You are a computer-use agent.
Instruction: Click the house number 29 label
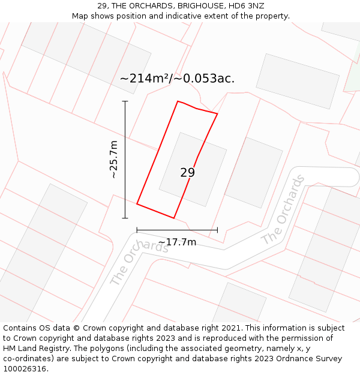[x=187, y=173]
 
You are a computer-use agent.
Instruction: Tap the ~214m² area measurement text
[x=145, y=79]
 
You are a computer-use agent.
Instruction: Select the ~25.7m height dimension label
[x=114, y=159]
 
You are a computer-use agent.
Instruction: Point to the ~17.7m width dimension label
[x=177, y=242]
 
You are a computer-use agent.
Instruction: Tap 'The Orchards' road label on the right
[x=283, y=210]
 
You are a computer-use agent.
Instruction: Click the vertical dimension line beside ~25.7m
[x=125, y=159]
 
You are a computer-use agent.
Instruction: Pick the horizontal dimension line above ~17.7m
[x=177, y=230]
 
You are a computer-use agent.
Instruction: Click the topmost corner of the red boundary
[x=178, y=101]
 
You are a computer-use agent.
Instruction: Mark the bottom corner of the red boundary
[x=173, y=218]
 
